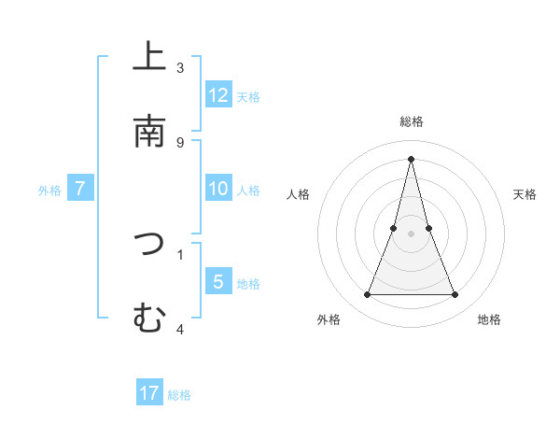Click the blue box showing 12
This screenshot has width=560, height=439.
tap(218, 95)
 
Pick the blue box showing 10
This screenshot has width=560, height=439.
tap(218, 189)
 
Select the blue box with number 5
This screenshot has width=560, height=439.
tap(218, 282)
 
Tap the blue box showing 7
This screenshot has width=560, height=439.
tap(80, 189)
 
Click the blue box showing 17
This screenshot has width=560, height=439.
tap(149, 393)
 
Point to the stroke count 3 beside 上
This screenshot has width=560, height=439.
tap(180, 68)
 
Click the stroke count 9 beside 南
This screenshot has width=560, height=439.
tap(180, 143)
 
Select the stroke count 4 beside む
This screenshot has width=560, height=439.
tap(180, 329)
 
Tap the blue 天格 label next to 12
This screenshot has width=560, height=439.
tap(248, 96)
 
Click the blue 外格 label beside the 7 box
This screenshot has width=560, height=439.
tap(49, 190)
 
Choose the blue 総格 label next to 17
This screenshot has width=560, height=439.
tap(179, 394)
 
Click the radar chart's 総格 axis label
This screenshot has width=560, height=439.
tap(411, 121)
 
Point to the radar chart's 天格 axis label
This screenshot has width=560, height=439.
tap(525, 194)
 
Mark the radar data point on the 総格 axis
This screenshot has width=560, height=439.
tap(411, 158)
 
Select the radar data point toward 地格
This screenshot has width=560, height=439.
tap(455, 295)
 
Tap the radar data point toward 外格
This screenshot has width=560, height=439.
tap(367, 295)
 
